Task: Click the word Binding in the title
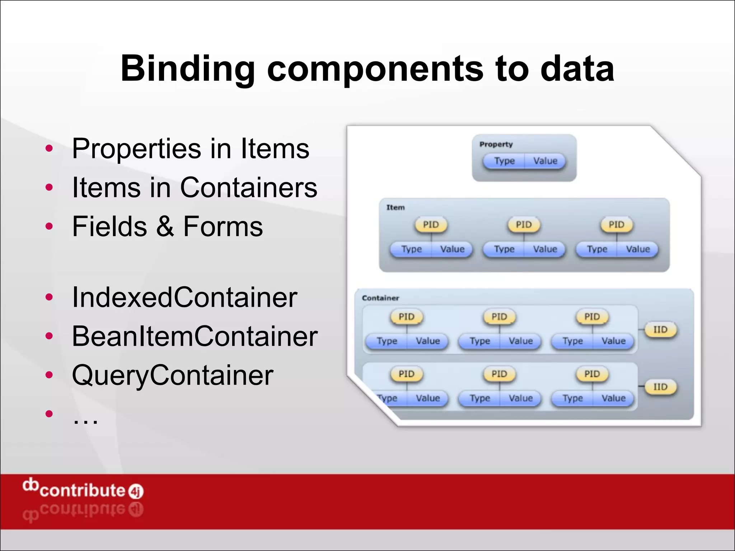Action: (x=187, y=69)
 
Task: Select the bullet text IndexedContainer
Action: (x=184, y=297)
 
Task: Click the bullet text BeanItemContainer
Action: (x=195, y=336)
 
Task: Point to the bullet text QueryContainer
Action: (x=173, y=375)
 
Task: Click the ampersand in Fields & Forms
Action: (x=165, y=227)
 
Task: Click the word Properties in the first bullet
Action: (x=136, y=149)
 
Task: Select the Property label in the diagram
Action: (x=496, y=144)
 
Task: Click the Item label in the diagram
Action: (x=395, y=207)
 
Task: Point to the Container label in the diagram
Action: (x=380, y=298)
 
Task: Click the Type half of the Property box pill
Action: (x=504, y=161)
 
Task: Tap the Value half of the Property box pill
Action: (x=545, y=161)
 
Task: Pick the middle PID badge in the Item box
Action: (x=524, y=225)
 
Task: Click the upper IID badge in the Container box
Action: (x=660, y=330)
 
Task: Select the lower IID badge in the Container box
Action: (x=660, y=387)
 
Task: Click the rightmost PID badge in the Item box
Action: (x=616, y=225)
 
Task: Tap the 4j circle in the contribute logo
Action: (x=136, y=491)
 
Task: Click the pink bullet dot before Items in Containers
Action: (x=49, y=187)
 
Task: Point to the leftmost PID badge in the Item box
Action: (x=431, y=225)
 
